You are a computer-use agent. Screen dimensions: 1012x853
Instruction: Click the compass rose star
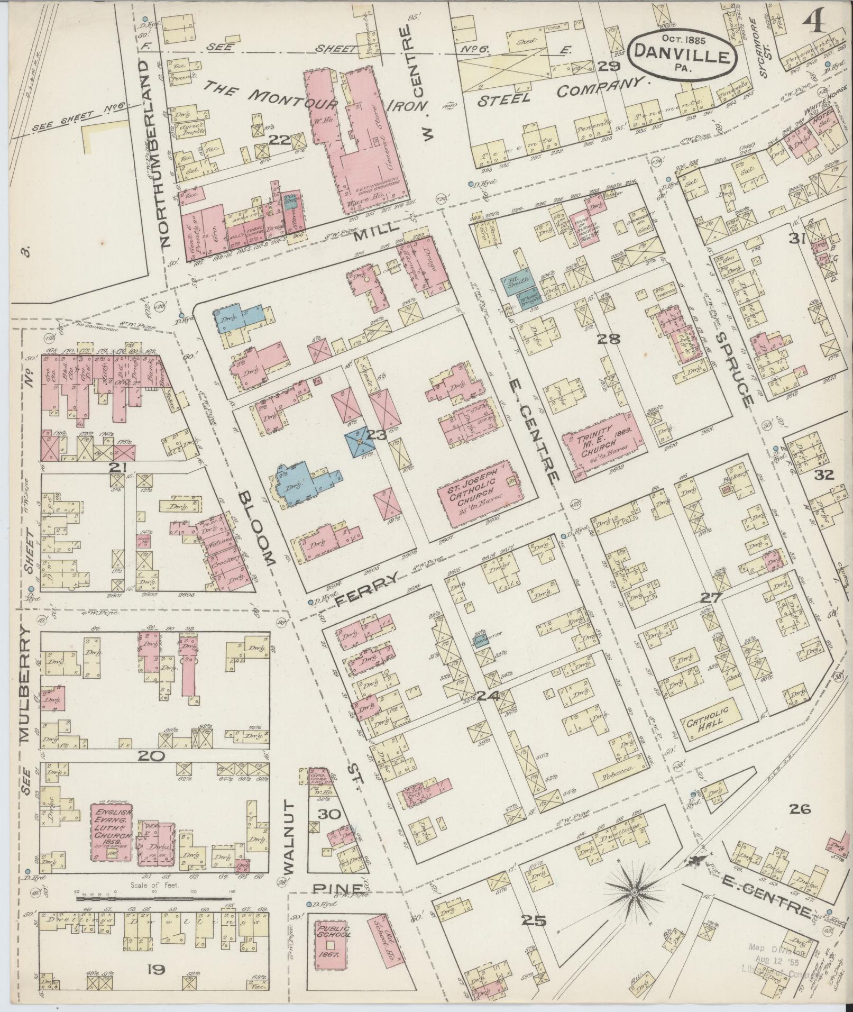pos(633,892)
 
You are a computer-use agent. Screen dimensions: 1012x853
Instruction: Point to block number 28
pos(608,339)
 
